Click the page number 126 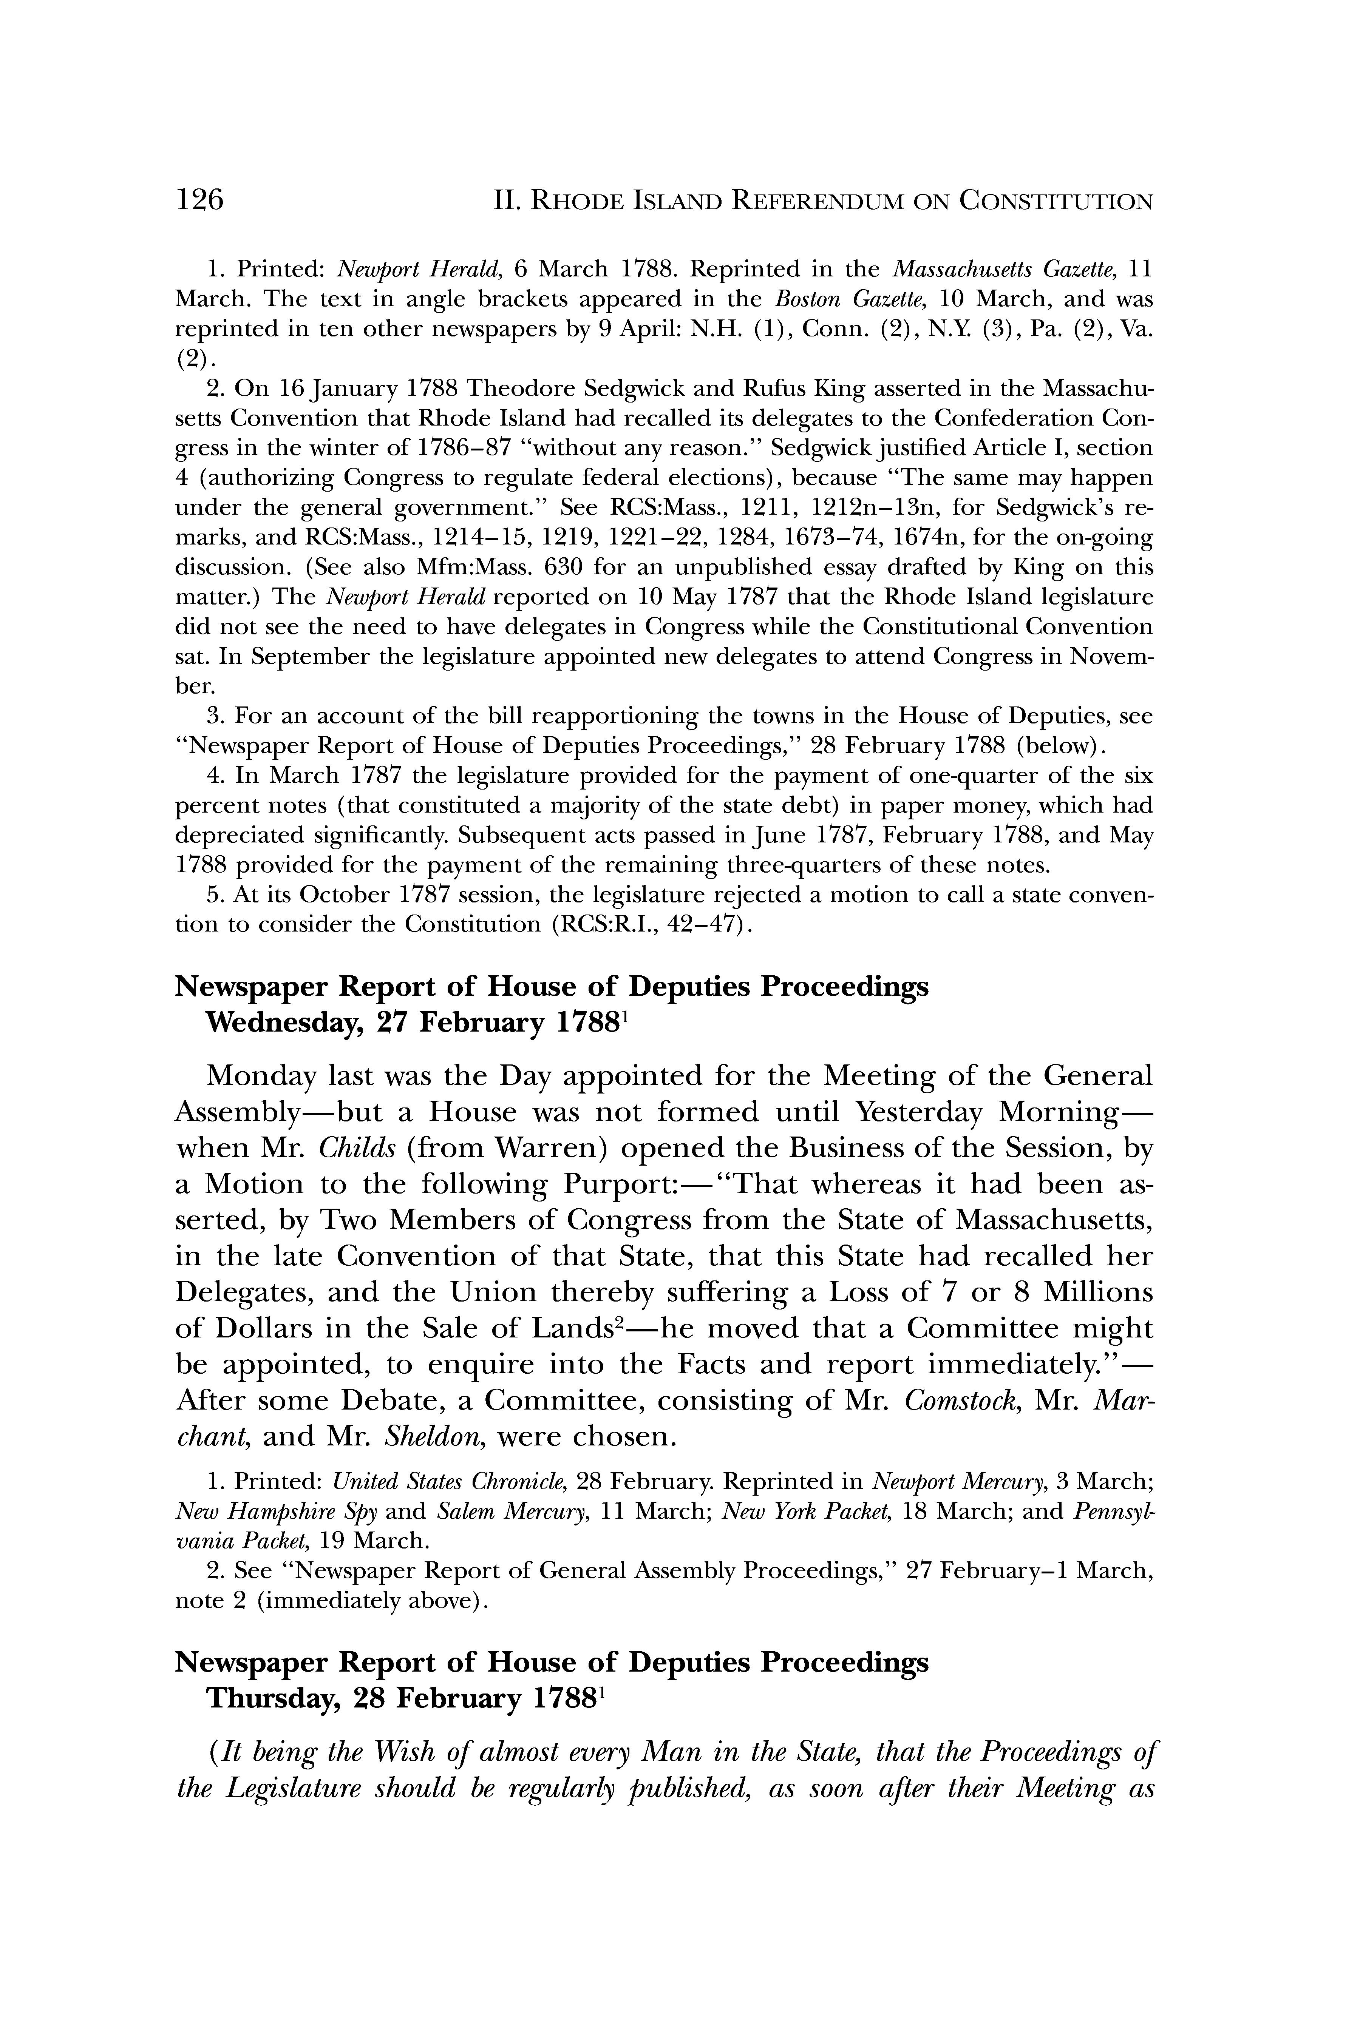click(199, 200)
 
